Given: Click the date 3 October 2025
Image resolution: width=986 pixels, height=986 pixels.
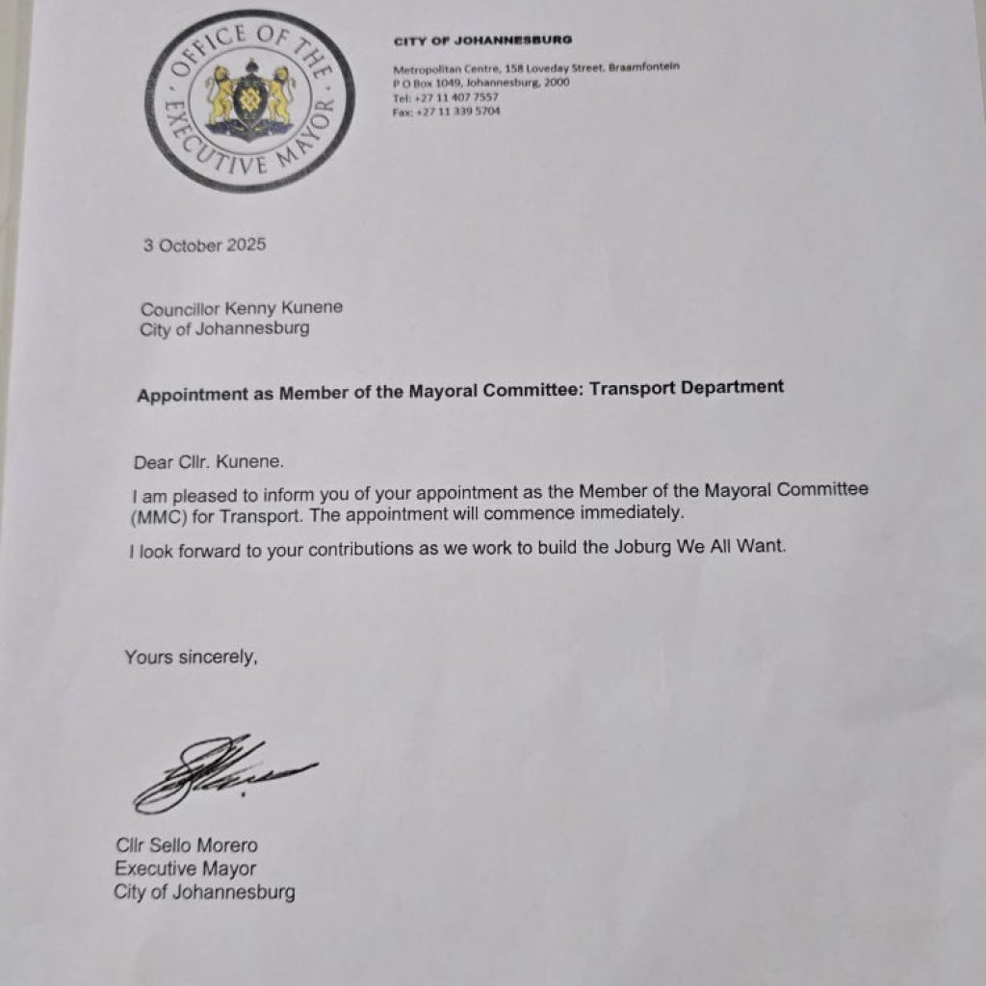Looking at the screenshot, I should [205, 245].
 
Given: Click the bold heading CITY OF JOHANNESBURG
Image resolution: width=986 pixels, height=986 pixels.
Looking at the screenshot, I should [482, 39].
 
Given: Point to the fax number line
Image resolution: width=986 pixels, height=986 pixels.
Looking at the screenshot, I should [447, 112].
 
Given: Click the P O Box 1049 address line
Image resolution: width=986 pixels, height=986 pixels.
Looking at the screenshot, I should [481, 83].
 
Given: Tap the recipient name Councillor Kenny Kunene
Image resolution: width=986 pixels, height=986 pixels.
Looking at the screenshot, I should [242, 309].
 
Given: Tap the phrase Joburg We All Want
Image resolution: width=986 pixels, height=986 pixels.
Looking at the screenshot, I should [693, 548].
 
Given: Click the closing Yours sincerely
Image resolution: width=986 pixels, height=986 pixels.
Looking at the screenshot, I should [192, 658].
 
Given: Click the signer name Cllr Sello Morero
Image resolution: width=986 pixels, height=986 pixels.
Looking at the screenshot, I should [187, 846].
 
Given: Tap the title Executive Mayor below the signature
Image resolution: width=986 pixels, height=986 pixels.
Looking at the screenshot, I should [186, 869].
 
